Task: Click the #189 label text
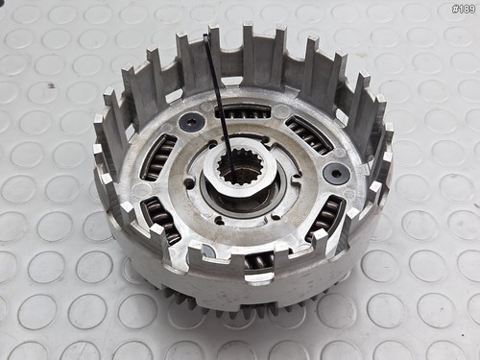tap(463, 9)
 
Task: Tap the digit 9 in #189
tap(471, 9)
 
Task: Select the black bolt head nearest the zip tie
tap(192, 122)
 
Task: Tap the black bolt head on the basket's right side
tap(336, 173)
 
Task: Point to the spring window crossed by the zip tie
tap(243, 111)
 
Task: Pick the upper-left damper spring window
tap(158, 156)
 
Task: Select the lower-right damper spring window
tap(325, 218)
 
